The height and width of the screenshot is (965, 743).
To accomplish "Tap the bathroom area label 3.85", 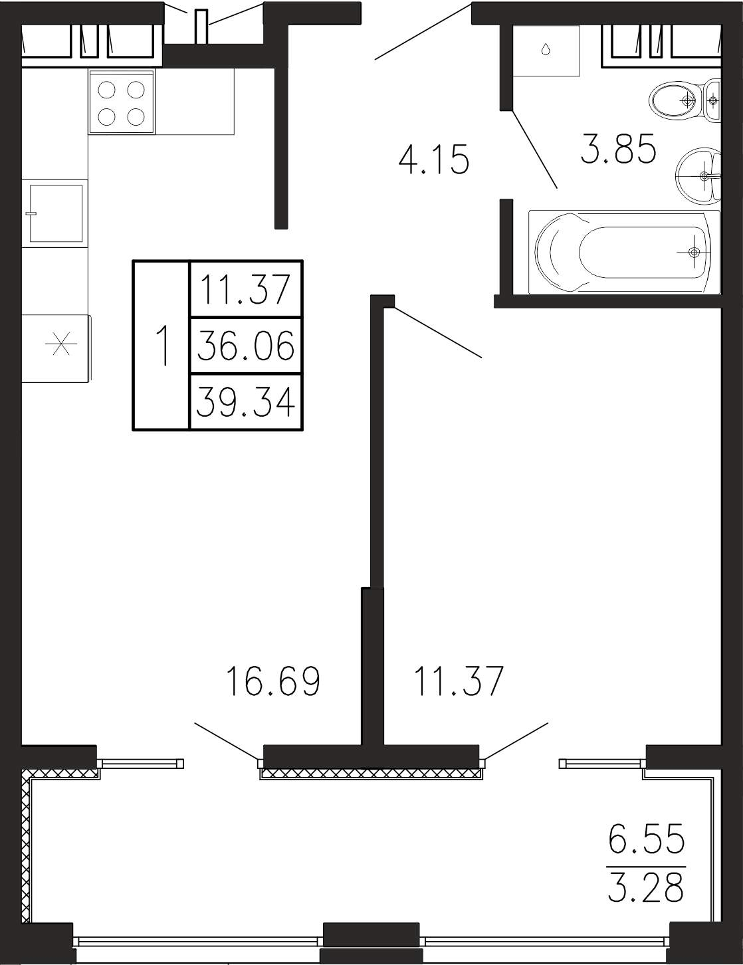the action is (x=618, y=148).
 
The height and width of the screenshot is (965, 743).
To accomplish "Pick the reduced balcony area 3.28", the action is (x=646, y=887).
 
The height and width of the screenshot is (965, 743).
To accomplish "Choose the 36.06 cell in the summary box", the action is (x=246, y=346).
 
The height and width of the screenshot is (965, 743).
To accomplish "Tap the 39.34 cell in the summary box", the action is (x=246, y=403).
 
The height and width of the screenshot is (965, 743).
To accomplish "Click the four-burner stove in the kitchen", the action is (x=122, y=102).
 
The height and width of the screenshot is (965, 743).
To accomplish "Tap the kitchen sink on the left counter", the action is (x=55, y=213).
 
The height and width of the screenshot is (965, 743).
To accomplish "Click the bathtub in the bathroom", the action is (x=623, y=252).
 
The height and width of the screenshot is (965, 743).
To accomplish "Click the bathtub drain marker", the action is (x=694, y=253).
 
